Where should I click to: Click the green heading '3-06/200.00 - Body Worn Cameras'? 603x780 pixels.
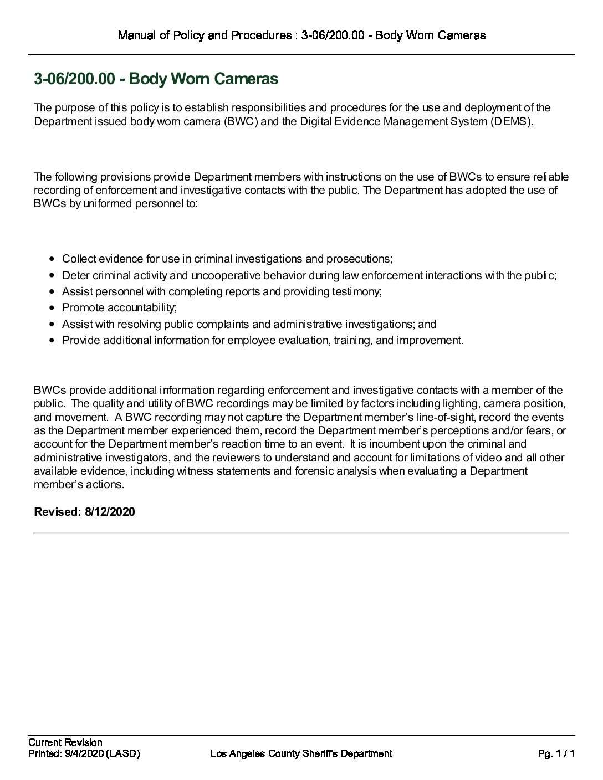click(x=156, y=79)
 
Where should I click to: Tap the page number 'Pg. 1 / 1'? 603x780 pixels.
click(x=556, y=753)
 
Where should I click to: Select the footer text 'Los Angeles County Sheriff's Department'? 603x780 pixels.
click(x=301, y=753)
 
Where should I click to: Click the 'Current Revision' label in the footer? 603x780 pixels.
click(x=65, y=742)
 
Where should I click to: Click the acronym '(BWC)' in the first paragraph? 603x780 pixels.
click(x=241, y=121)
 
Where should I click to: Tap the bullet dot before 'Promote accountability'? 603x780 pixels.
click(x=52, y=308)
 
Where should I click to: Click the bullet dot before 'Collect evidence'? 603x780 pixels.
click(x=52, y=259)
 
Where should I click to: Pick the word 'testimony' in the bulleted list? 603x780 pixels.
click(x=359, y=291)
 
